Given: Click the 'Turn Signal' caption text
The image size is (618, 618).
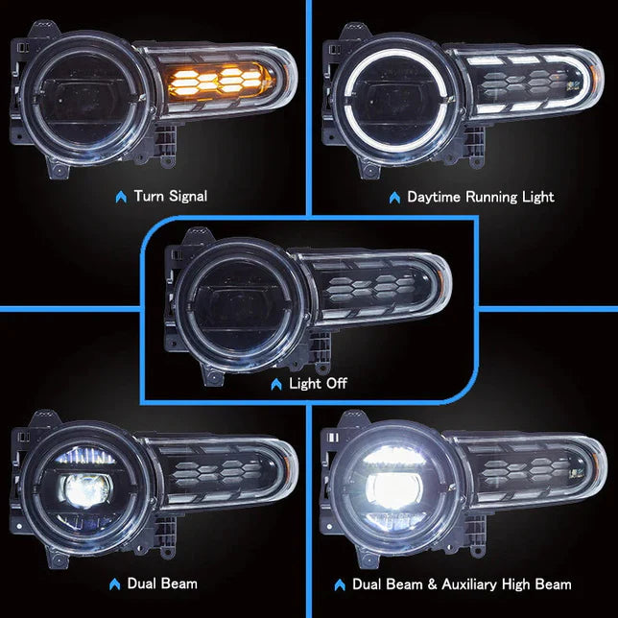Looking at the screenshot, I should pos(170,197).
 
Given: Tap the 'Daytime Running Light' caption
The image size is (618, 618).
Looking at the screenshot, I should pos(480,197).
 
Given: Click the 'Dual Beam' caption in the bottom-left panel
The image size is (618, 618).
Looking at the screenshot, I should pos(163,583).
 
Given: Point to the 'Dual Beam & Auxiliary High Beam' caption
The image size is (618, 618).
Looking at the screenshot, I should pos(462,583).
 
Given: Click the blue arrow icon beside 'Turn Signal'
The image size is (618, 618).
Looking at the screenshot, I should pos(120,197).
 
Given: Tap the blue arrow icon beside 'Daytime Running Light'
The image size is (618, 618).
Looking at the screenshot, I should pos(393,197).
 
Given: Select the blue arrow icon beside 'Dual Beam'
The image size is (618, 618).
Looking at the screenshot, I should pos(114,583).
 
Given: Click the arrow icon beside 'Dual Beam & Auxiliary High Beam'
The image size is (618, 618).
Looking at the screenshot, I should pos(338,583).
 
